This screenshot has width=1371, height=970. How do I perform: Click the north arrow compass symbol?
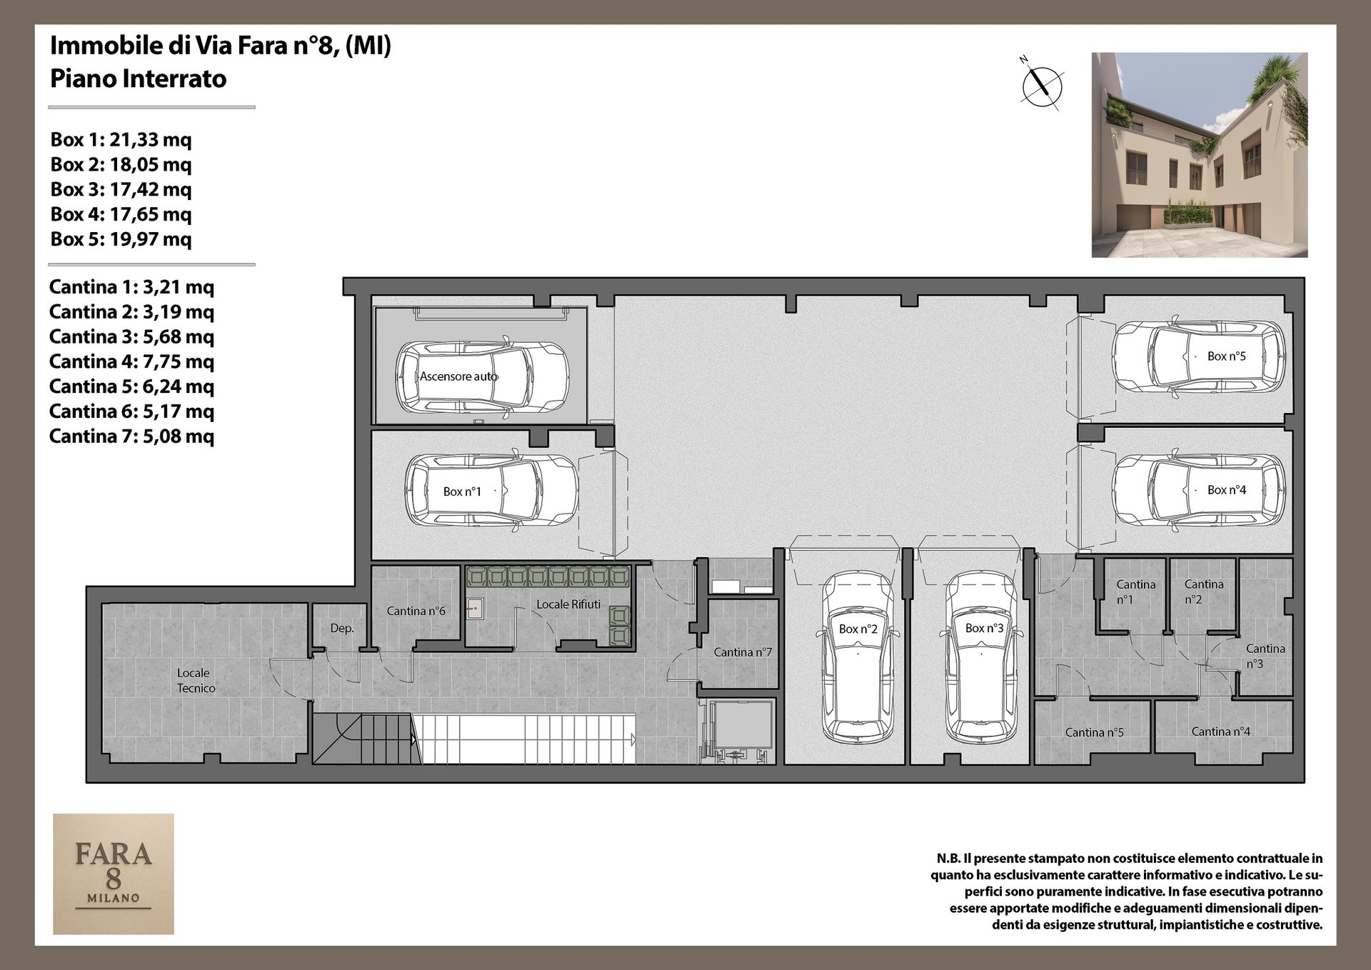point(1042,84)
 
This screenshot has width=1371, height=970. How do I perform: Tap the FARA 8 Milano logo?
point(114,874)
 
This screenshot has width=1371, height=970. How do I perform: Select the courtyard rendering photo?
point(1200,154)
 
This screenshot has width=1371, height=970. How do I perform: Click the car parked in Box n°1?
point(491,491)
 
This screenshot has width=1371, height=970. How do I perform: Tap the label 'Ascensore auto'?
point(458,376)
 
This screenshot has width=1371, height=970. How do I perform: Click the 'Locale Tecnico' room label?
point(194,680)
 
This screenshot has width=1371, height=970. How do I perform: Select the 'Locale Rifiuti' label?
point(568,604)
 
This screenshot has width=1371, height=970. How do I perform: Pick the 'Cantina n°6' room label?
point(416,611)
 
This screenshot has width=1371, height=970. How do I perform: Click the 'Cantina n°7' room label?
point(743,652)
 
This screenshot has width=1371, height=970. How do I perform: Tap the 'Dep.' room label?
point(342,629)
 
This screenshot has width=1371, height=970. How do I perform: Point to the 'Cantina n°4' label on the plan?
point(1220,731)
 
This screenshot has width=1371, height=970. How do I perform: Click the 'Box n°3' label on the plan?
point(984,628)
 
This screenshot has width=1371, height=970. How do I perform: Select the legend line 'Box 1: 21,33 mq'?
point(121,139)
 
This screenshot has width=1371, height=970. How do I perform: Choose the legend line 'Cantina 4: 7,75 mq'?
point(131,361)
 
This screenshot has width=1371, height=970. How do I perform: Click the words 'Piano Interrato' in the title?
point(138,79)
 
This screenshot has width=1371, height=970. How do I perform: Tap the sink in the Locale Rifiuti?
point(475,609)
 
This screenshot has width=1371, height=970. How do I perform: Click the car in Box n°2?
point(858,656)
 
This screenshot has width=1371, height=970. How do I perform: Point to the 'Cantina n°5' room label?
point(1094,732)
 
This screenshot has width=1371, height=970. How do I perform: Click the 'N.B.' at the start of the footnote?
point(948,859)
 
